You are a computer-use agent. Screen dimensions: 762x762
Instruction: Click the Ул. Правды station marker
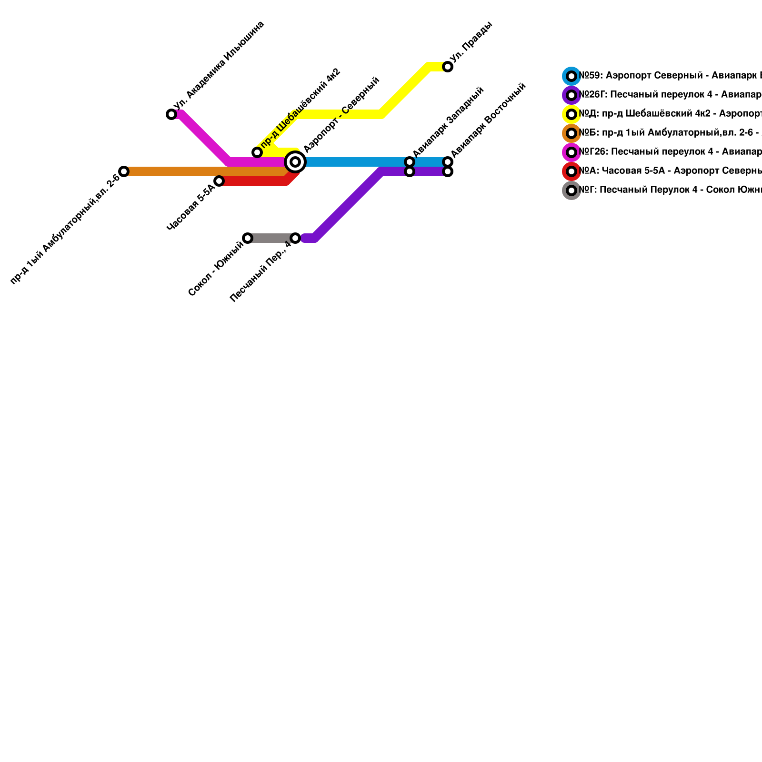click(448, 67)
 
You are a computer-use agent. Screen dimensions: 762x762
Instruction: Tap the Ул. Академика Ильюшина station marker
click(171, 114)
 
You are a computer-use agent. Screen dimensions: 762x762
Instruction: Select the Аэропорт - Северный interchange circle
click(295, 162)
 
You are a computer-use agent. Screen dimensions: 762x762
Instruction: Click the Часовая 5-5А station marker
click(219, 181)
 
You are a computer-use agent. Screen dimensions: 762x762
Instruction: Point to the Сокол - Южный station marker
click(248, 238)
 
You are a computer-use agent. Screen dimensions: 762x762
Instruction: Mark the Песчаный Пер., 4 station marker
click(295, 238)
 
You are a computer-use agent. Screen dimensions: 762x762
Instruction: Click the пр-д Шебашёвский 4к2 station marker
click(257, 152)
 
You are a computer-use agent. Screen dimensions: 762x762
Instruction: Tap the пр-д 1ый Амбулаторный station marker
click(124, 171)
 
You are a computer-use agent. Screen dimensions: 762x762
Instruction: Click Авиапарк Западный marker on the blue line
click(410, 162)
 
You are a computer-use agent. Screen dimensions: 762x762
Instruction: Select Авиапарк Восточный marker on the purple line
click(448, 171)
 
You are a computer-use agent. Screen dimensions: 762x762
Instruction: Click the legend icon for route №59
click(571, 76)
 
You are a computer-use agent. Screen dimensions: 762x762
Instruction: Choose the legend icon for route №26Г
click(571, 95)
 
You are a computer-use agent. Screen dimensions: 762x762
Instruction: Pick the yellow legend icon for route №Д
click(571, 114)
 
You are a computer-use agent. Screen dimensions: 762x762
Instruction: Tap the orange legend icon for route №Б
click(571, 133)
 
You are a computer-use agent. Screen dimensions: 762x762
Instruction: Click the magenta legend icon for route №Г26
click(571, 152)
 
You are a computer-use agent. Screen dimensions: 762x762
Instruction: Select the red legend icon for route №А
click(571, 171)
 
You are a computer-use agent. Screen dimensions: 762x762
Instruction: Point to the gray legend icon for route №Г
click(571, 190)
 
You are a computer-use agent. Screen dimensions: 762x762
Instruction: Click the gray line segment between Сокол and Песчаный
click(271, 238)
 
